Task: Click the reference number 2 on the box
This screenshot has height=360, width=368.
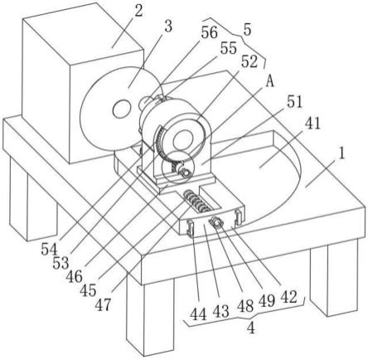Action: pyautogui.click(x=138, y=11)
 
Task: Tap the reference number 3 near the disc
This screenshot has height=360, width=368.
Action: pyautogui.click(x=168, y=27)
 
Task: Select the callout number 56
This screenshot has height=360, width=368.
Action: pyautogui.click(x=209, y=32)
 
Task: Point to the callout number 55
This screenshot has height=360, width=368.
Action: pyautogui.click(x=229, y=48)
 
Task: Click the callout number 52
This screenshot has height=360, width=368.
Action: pyautogui.click(x=249, y=61)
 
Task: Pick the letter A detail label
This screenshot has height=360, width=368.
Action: pyautogui.click(x=270, y=81)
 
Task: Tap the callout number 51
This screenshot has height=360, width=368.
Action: pyautogui.click(x=294, y=101)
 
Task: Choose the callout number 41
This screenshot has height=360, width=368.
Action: pyautogui.click(x=312, y=123)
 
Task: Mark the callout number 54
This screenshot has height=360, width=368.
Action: pyautogui.click(x=49, y=250)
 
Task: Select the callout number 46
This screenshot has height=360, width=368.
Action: pyautogui.click(x=74, y=276)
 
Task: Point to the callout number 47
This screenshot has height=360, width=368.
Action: pyautogui.click(x=103, y=305)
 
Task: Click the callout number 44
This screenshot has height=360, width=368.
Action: pyautogui.click(x=198, y=314)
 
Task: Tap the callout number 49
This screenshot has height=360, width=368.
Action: pyautogui.click(x=267, y=300)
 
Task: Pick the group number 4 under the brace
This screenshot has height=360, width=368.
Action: pyautogui.click(x=251, y=328)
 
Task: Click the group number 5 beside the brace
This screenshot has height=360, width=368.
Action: pyautogui.click(x=247, y=30)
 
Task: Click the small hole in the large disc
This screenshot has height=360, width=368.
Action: pyautogui.click(x=122, y=109)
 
